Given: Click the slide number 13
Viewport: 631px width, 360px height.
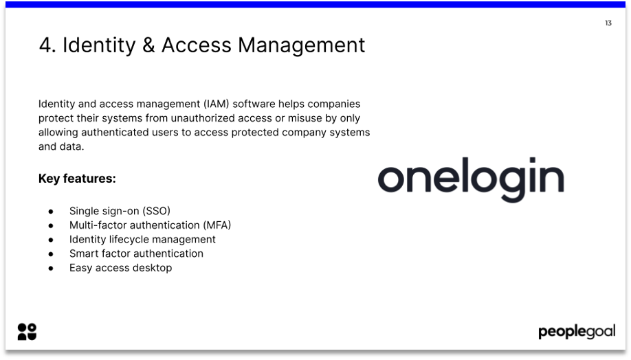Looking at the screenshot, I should click(608, 23).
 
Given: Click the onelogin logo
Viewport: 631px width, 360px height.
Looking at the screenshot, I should click(471, 179).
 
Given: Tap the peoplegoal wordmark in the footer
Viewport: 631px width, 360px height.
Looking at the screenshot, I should click(577, 333).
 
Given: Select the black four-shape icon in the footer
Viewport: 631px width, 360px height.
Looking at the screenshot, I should click(27, 332).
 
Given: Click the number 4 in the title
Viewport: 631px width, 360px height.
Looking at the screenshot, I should click(47, 45).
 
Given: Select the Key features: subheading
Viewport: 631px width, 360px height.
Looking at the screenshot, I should click(77, 179).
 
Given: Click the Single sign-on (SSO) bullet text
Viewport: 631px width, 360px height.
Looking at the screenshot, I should click(120, 211).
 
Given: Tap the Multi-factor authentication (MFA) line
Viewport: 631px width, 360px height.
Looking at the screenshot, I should click(150, 225).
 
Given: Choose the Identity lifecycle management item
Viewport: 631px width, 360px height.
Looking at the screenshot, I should click(142, 239).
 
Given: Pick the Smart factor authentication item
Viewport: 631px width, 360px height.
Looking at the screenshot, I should click(136, 254).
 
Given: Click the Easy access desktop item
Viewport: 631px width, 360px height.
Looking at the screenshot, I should click(120, 268).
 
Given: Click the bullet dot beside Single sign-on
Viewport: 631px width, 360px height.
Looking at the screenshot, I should click(51, 212).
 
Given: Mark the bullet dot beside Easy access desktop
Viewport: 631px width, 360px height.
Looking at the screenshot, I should click(51, 269).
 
